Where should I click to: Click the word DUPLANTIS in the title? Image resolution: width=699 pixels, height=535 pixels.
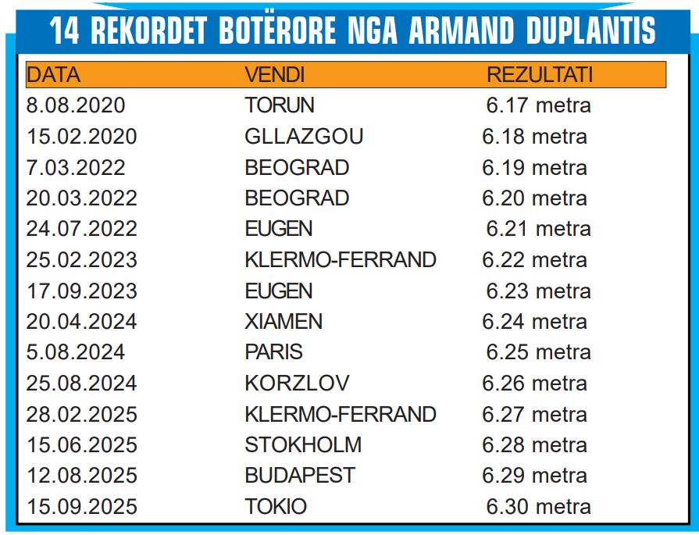click(590, 30)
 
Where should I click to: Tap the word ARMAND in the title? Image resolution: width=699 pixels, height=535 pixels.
click(462, 30)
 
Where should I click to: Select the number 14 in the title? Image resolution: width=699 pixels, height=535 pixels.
click(65, 30)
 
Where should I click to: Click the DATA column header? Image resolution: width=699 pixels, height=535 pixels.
click(53, 75)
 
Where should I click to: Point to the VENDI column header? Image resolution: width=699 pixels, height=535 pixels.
click(275, 75)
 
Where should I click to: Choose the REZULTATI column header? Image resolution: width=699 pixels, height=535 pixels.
click(540, 75)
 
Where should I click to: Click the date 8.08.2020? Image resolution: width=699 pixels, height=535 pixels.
click(76, 105)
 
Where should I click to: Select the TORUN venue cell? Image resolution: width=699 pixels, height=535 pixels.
click(280, 105)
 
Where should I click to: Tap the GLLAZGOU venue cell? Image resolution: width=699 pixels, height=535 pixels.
click(304, 137)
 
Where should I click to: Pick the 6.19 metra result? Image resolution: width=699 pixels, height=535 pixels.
click(534, 168)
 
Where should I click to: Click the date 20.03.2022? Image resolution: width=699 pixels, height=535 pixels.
click(81, 198)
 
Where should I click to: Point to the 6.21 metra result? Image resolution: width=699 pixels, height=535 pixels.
click(539, 229)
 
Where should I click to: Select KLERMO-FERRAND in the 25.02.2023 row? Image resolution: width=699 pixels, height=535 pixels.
click(341, 260)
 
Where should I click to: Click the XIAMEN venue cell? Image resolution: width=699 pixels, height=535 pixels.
click(284, 322)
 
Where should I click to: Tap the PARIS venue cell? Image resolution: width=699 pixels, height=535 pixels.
click(273, 352)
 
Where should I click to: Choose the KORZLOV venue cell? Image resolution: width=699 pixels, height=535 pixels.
click(297, 383)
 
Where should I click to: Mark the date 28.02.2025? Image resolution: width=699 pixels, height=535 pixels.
click(81, 414)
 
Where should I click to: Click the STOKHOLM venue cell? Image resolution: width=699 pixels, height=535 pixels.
click(303, 445)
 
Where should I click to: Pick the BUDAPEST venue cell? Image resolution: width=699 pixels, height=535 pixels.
click(300, 476)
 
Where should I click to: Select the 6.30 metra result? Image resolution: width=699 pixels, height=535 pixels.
click(539, 507)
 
